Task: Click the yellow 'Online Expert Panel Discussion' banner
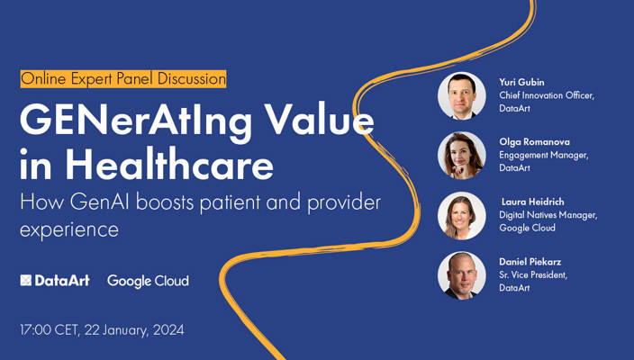123,78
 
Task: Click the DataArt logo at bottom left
55,281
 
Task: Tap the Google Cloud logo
148,281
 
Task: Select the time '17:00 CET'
48,329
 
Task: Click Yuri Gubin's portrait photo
462,95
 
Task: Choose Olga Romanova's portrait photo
462,155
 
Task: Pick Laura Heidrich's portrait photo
462,215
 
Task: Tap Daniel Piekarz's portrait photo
462,274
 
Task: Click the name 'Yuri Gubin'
523,81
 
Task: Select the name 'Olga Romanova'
534,141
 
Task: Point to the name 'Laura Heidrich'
534,202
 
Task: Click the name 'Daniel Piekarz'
532,262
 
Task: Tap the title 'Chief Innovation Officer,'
547,94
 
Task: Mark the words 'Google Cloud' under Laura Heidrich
527,228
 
